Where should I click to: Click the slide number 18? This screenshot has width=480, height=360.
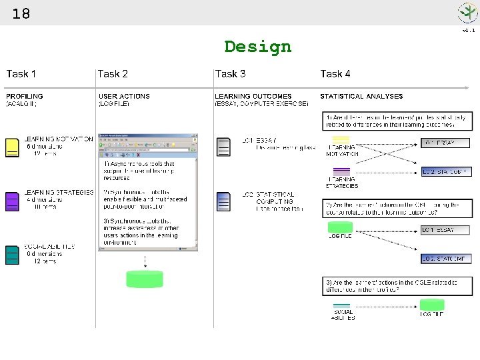[x=21, y=13]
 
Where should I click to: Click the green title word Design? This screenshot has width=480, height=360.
[x=257, y=47]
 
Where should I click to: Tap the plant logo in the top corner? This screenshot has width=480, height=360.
[x=467, y=13]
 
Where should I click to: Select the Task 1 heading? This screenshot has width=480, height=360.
[x=21, y=74]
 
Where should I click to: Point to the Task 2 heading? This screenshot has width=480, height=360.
[x=113, y=74]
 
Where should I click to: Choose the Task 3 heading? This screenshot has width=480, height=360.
[x=230, y=74]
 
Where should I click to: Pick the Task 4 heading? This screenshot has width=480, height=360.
[x=335, y=74]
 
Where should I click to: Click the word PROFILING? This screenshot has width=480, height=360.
[x=25, y=97]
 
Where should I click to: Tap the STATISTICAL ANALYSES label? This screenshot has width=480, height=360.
[x=361, y=97]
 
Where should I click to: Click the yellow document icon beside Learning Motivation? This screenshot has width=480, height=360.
[x=12, y=147]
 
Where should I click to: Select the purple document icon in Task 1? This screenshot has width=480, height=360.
[x=12, y=201]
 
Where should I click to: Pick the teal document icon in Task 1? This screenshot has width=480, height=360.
[x=12, y=255]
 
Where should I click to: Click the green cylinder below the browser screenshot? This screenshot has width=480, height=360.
[x=145, y=279]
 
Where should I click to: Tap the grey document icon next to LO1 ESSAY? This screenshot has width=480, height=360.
[x=223, y=147]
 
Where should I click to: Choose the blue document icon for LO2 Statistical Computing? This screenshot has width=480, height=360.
[x=223, y=202]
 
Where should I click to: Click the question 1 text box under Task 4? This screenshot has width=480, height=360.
[x=398, y=121]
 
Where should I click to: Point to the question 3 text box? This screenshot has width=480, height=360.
[x=398, y=286]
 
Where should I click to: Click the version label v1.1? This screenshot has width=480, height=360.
[x=469, y=30]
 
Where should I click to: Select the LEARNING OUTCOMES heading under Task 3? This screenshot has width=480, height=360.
[x=253, y=97]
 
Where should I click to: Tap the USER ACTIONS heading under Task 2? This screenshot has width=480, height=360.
[x=125, y=97]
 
